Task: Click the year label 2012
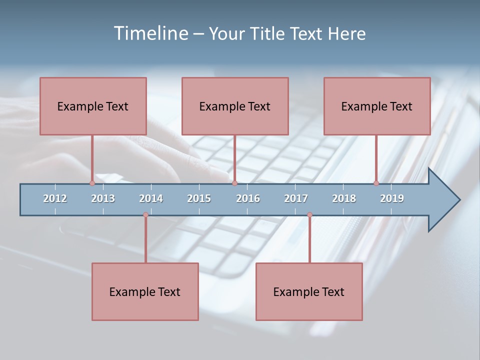[x=55, y=198]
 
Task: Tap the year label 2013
[x=103, y=198]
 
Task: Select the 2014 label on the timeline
[x=151, y=198]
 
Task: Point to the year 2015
[x=199, y=198]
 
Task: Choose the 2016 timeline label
[x=248, y=198]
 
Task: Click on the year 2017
[x=296, y=198]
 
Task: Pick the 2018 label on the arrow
[x=344, y=198]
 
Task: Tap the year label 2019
[x=392, y=198]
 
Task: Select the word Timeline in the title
[x=150, y=33]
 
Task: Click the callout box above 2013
[x=93, y=106]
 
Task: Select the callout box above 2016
[x=235, y=106]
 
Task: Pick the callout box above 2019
[x=377, y=106]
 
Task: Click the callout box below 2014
[x=145, y=291]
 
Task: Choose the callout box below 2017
[x=309, y=291]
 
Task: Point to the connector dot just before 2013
[x=92, y=183]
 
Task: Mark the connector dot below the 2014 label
[x=145, y=215]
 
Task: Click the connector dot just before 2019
[x=376, y=183]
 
